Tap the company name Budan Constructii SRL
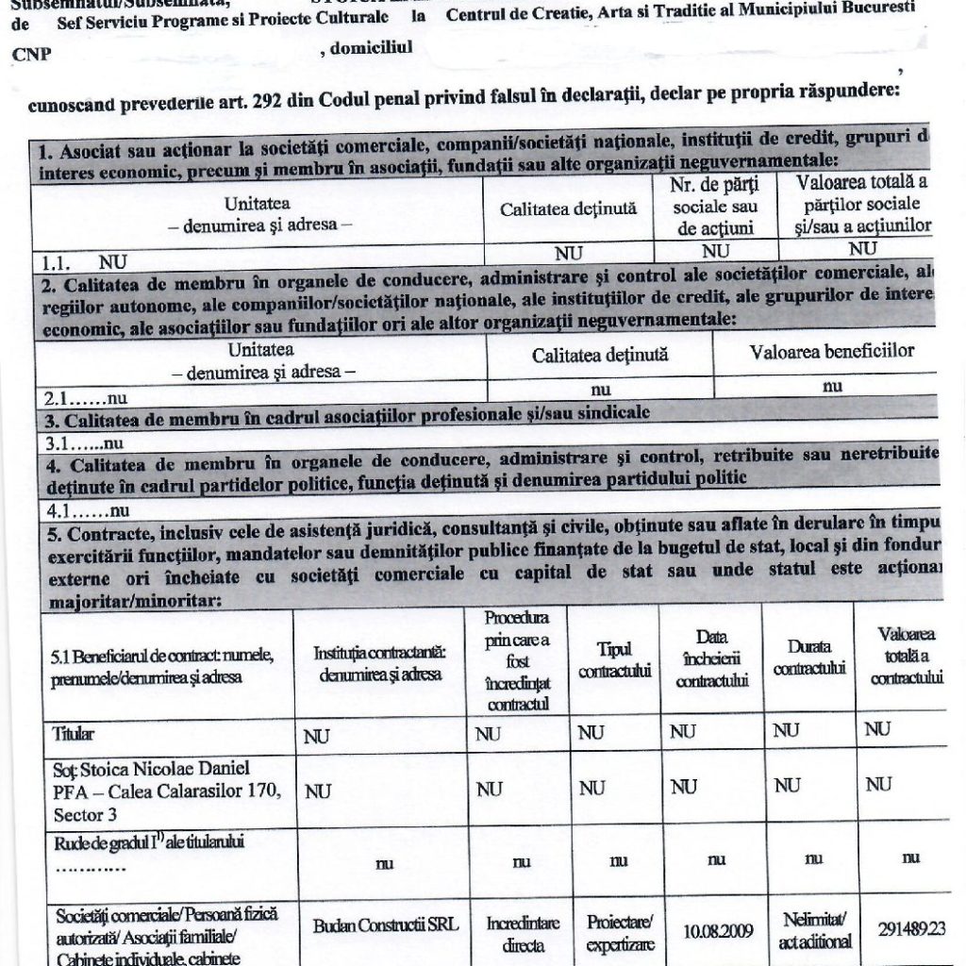(x=386, y=925)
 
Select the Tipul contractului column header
(x=614, y=660)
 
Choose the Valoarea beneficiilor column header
(x=832, y=352)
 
